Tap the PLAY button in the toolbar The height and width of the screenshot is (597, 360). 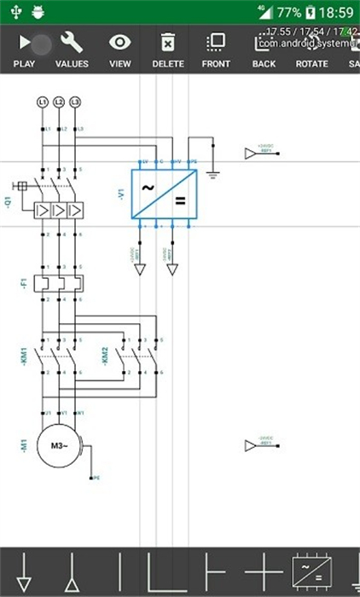coord(25,43)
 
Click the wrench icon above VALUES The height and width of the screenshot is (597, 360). coord(72,43)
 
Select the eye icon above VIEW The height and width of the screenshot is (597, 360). coord(120,43)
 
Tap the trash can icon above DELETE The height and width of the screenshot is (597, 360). coord(168,43)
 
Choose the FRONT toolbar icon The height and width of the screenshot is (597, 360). coord(216,43)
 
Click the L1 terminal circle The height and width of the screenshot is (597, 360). coord(42,102)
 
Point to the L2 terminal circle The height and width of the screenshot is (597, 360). coord(59,102)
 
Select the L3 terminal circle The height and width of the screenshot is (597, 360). coord(76,102)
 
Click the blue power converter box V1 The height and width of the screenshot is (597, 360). coord(164,194)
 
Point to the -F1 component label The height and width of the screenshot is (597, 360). coord(23,282)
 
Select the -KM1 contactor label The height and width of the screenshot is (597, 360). coord(23,355)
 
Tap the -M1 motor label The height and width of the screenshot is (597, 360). coord(23,443)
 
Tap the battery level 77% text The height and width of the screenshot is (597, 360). coord(288,13)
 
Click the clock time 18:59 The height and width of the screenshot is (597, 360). coord(337,13)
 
